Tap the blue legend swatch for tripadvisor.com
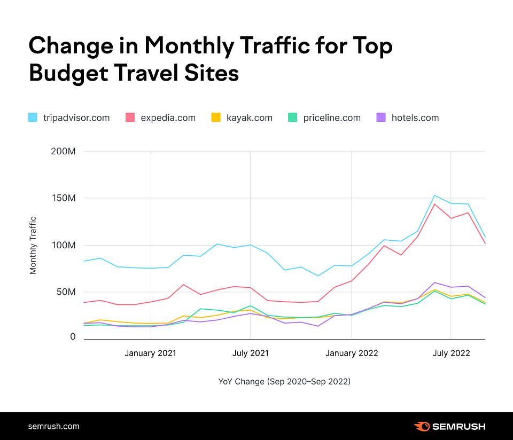click(33, 117)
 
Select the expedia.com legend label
click(168, 117)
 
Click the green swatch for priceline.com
click(292, 117)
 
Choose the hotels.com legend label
click(415, 117)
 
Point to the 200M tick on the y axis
click(64, 152)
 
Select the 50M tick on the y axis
click(66, 292)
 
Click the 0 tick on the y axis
click(73, 337)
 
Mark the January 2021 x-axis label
click(151, 353)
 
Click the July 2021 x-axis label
click(250, 353)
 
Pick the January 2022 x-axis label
click(351, 353)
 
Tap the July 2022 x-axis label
click(451, 353)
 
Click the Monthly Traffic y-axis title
click(34, 245)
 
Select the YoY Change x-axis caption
click(284, 381)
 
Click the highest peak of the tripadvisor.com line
click(434, 195)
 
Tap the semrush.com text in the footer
click(53, 426)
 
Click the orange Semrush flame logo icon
click(422, 426)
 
